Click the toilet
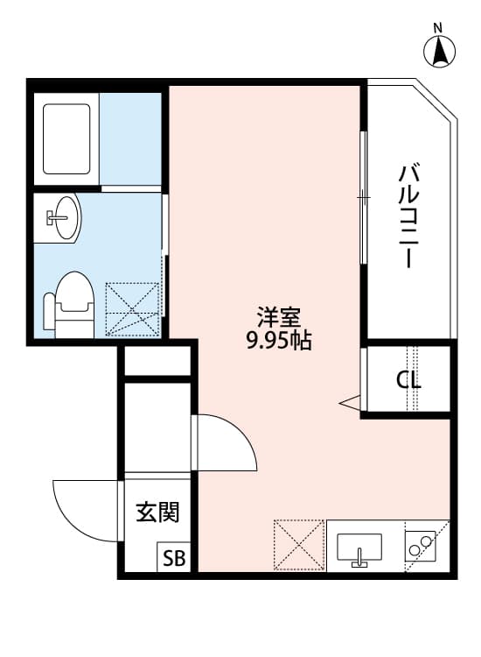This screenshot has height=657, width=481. [x=70, y=303]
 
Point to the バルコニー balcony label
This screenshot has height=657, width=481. [x=405, y=215]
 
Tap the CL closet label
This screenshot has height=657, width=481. [x=408, y=380]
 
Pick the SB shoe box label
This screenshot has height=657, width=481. [x=171, y=559]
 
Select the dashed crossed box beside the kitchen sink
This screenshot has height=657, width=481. [x=300, y=546]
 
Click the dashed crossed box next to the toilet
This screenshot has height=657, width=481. [x=133, y=307]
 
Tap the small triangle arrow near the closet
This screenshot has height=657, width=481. [x=350, y=402]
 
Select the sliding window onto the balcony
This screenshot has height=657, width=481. [x=362, y=197]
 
